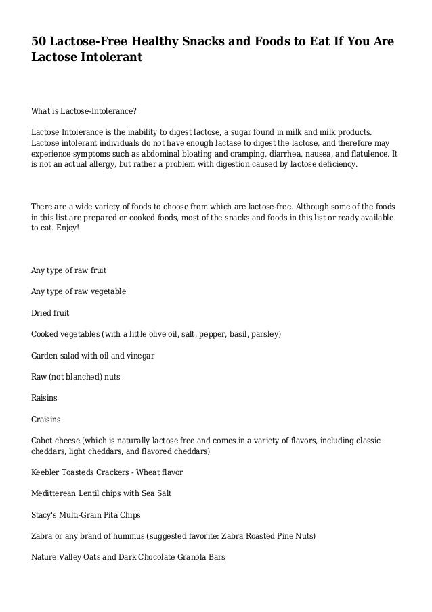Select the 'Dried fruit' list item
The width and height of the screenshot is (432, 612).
[x=50, y=313]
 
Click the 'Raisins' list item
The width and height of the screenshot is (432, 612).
[x=45, y=398]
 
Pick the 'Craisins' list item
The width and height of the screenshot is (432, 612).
[x=46, y=420]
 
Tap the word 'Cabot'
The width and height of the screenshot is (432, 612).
[x=43, y=441]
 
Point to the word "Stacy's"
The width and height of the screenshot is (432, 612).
[x=45, y=514]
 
